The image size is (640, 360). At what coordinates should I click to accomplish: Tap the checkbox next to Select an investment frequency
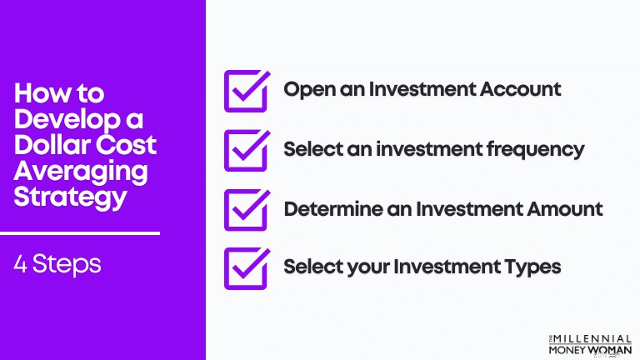tap(226, 152)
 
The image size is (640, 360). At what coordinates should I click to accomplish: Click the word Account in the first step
tap(520, 89)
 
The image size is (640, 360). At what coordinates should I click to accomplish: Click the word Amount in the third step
tap(565, 209)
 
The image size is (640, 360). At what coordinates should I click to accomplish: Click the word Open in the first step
tap(308, 90)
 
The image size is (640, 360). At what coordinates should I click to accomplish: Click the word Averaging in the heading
tap(81, 172)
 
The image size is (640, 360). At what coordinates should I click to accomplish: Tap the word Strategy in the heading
tap(70, 198)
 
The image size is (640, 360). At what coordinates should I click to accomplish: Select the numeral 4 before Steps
tap(20, 264)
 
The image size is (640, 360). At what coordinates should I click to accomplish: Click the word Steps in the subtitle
tap(67, 265)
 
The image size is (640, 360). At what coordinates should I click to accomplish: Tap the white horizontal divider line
tap(80, 233)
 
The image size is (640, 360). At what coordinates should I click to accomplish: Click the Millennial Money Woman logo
tap(590, 345)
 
